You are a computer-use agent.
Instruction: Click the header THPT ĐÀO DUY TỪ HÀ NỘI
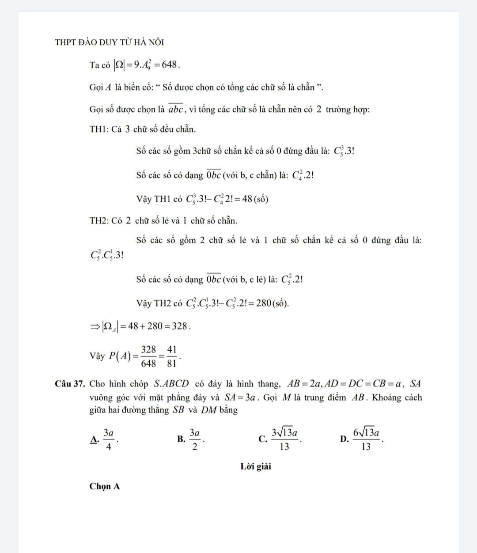click(110, 42)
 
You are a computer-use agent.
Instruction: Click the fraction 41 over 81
click(172, 356)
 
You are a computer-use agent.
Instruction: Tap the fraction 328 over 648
click(149, 356)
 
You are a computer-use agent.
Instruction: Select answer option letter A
click(94, 439)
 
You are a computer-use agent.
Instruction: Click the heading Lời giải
click(256, 466)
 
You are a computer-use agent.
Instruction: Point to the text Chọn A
click(105, 486)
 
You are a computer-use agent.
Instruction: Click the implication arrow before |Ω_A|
click(95, 327)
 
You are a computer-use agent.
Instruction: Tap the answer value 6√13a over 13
click(366, 439)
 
